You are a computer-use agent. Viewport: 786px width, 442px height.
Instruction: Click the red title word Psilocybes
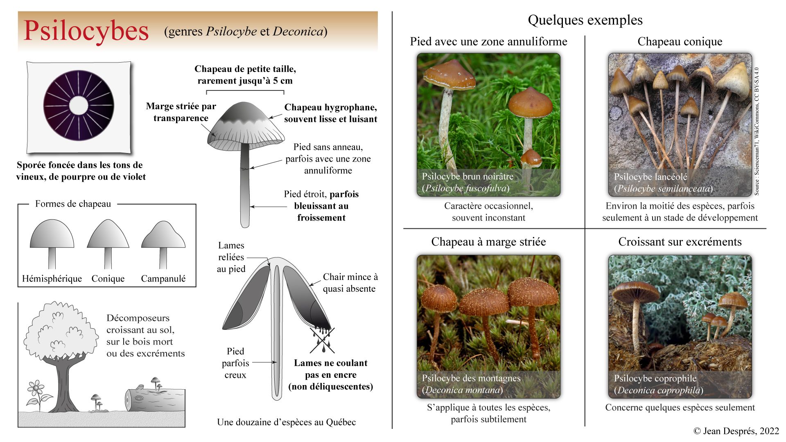point(86,31)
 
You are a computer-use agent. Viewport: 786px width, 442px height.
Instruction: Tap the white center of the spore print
point(79,106)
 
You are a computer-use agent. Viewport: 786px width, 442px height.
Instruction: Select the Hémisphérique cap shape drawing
point(52,241)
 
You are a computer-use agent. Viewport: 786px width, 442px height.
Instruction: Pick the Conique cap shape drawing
point(108,241)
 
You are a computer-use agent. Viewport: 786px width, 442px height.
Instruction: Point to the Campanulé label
point(163,279)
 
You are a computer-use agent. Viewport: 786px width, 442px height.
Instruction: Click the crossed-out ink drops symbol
point(323,339)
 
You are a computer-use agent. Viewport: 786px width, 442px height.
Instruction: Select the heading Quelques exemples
point(585,20)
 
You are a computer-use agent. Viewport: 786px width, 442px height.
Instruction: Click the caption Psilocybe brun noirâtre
point(468,176)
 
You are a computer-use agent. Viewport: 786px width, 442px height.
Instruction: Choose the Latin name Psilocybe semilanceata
point(663,189)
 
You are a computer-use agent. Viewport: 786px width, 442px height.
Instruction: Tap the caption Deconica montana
point(462,390)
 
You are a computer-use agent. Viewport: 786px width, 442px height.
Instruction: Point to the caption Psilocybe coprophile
point(655,378)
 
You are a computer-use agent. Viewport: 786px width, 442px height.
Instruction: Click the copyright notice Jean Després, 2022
point(736,431)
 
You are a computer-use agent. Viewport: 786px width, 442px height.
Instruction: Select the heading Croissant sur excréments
point(680,242)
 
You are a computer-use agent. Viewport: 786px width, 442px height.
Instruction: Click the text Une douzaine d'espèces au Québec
point(286,422)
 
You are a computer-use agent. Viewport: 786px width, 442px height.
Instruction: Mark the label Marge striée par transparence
point(181,112)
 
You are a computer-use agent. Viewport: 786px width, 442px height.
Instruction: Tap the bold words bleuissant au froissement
point(321,212)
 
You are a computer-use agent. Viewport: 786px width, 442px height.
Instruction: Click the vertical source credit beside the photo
point(757,131)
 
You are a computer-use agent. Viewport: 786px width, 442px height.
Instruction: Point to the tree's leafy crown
point(61,331)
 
